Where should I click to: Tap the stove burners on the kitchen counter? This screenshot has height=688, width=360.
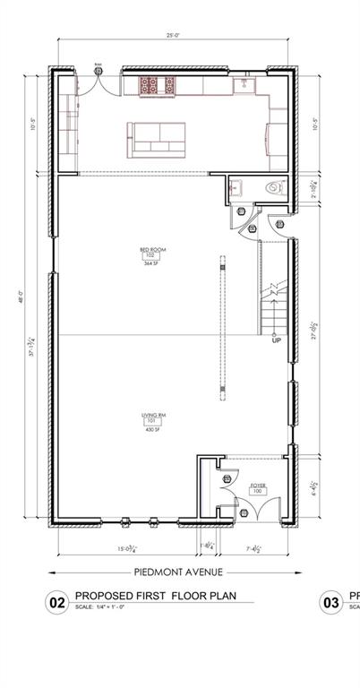pyautogui.click(x=159, y=85)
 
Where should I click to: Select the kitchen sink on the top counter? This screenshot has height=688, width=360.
pyautogui.click(x=243, y=85)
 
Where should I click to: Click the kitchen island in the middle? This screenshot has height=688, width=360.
pyautogui.click(x=156, y=137)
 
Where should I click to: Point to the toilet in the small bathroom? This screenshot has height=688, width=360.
pyautogui.click(x=275, y=189)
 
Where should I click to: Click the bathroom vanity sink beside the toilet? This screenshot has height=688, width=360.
pyautogui.click(x=237, y=189)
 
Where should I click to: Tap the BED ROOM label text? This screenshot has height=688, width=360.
pyautogui.click(x=153, y=250)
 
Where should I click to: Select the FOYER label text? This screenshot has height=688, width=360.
pyautogui.click(x=258, y=485)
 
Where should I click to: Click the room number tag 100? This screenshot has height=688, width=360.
pyautogui.click(x=258, y=492)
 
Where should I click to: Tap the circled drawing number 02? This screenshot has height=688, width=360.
pyautogui.click(x=57, y=604)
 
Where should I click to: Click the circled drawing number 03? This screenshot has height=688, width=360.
pyautogui.click(x=332, y=604)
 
